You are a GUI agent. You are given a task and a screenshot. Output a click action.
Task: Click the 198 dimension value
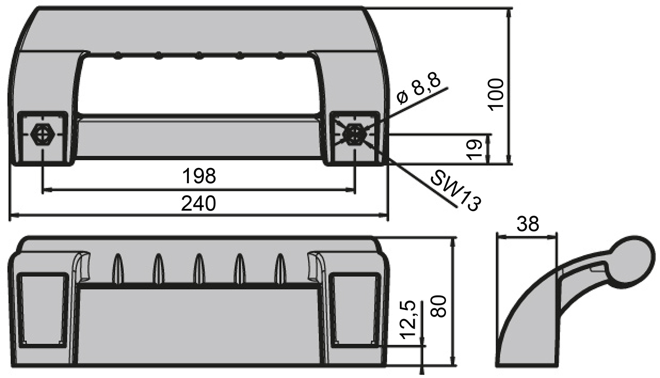(199, 176)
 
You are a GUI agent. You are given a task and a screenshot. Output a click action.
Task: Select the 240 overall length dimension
(199, 204)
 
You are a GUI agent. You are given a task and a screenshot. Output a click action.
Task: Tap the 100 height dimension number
(496, 94)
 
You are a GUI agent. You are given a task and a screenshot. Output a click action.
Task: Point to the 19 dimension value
(476, 149)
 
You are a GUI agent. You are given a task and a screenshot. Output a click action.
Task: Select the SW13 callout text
(455, 191)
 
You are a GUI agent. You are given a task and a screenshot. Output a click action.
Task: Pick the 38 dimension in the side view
(528, 224)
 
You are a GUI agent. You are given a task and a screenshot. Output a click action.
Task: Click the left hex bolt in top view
(42, 135)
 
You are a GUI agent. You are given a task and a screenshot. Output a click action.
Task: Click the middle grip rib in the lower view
(199, 268)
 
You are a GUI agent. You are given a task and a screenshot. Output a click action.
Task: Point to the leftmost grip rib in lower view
(117, 268)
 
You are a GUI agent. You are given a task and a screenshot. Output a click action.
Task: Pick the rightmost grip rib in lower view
(280, 268)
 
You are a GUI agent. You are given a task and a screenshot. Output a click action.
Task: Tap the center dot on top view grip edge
(199, 55)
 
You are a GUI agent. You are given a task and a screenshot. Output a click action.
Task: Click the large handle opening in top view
(199, 85)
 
